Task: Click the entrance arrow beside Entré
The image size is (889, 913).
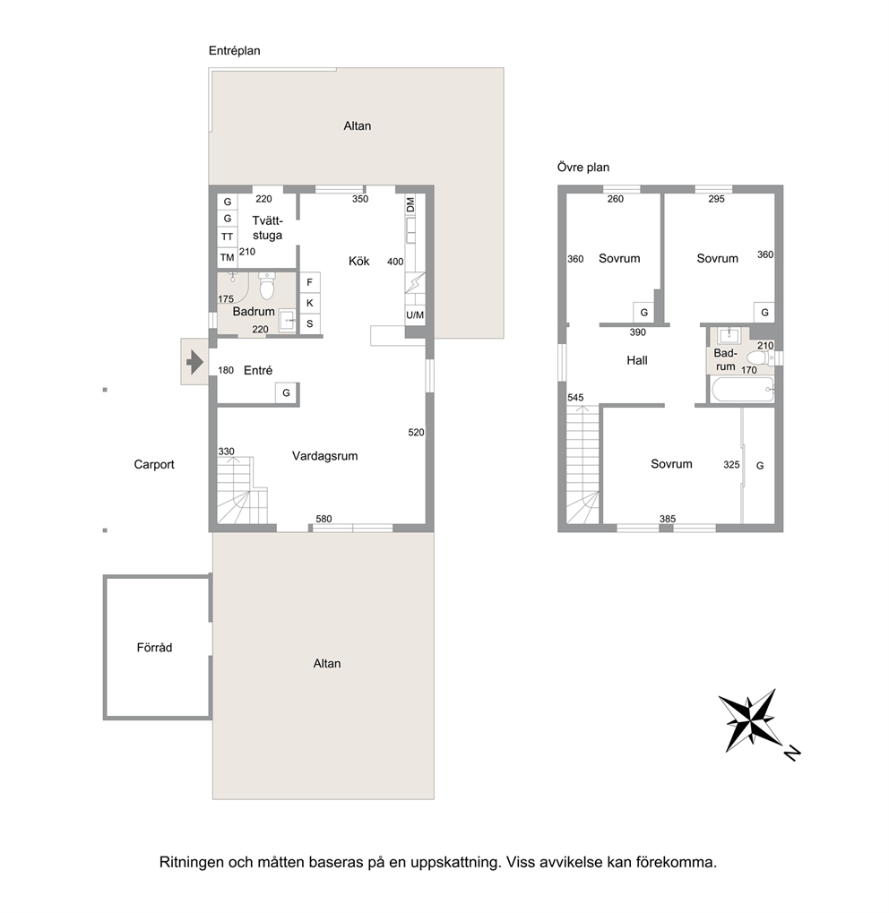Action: (x=194, y=363)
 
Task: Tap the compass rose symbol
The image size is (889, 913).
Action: (x=752, y=721)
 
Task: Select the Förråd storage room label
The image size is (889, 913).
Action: (x=154, y=648)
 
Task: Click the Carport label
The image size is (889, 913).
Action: (x=154, y=464)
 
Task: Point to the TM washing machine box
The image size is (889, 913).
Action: (x=228, y=257)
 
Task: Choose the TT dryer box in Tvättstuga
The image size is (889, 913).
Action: (x=228, y=237)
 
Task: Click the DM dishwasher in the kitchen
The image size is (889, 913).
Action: (x=410, y=205)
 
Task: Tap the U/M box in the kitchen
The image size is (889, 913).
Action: (x=415, y=315)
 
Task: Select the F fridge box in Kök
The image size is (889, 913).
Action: (x=310, y=282)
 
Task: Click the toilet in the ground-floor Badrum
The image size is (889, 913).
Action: (x=267, y=285)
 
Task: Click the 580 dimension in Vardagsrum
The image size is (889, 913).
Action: (x=324, y=519)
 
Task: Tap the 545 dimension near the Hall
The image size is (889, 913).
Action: (x=575, y=398)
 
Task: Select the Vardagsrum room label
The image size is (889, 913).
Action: (x=325, y=456)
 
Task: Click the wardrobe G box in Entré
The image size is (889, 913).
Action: (x=286, y=393)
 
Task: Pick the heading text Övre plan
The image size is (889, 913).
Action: (x=583, y=168)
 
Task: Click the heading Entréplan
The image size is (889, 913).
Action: (x=234, y=51)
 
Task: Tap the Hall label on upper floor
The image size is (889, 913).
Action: (x=637, y=360)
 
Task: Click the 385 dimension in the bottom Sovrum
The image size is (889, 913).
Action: (x=668, y=519)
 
